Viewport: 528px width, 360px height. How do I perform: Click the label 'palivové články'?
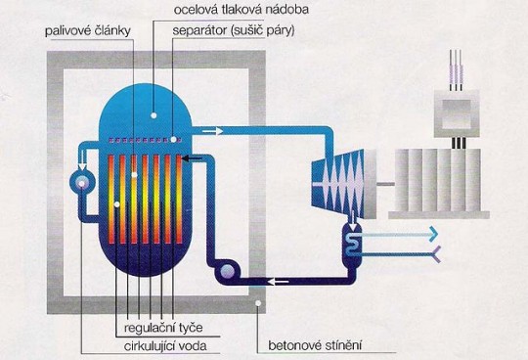[88, 30]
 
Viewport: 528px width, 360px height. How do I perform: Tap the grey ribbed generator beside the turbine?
[440, 180]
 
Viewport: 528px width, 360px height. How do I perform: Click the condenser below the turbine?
[349, 240]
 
